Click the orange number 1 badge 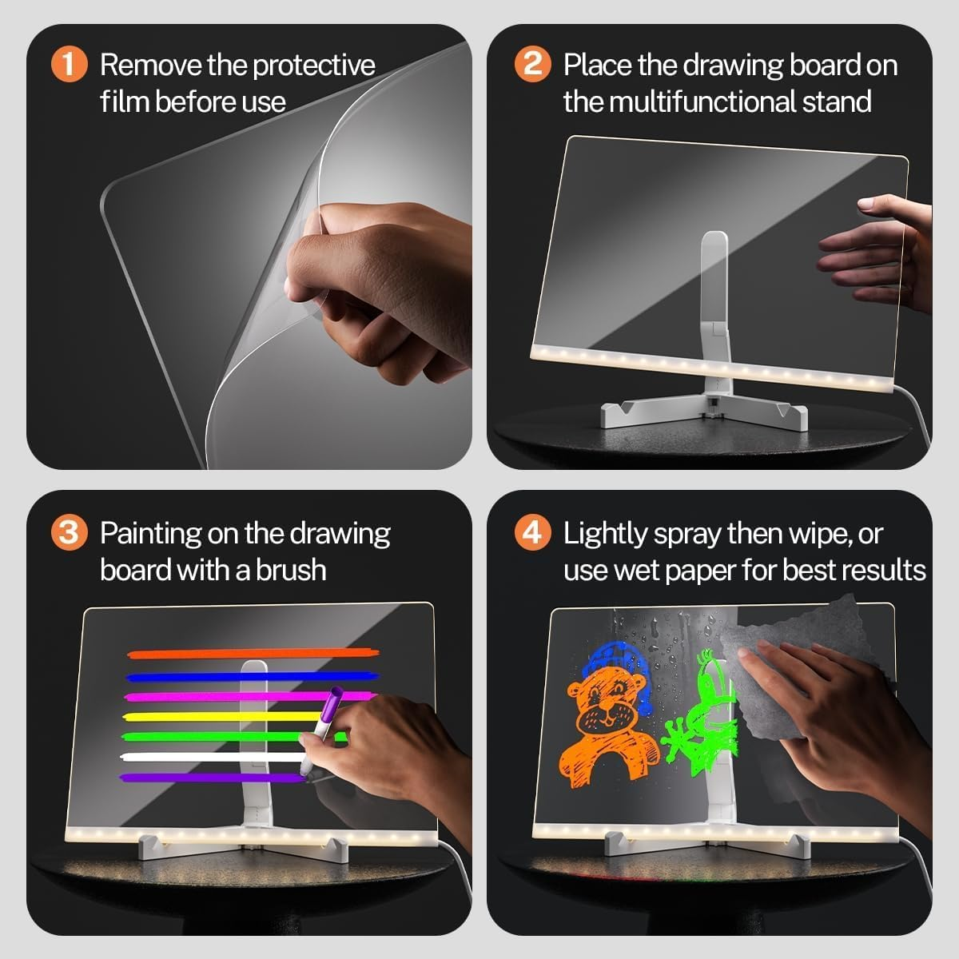(x=69, y=65)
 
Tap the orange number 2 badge (x=532, y=64)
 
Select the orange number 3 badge (x=69, y=532)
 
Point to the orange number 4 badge (x=532, y=532)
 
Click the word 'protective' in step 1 (x=312, y=66)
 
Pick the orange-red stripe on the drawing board (x=252, y=655)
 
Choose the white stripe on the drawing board (x=208, y=756)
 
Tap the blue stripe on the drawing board (x=240, y=677)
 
